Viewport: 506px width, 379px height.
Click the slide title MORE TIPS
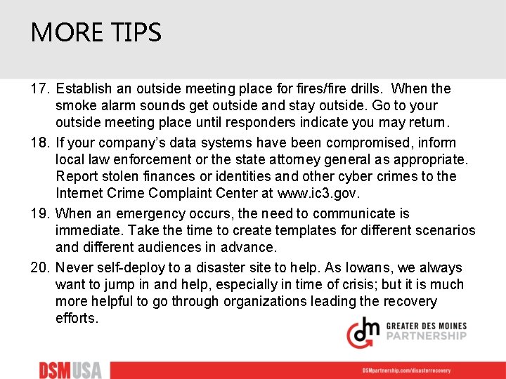(96, 32)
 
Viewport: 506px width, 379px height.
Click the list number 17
(39, 89)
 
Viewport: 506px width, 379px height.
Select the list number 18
(39, 143)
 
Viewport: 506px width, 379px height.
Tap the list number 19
(39, 213)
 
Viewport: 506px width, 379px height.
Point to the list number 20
(39, 267)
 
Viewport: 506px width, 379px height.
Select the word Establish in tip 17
(83, 89)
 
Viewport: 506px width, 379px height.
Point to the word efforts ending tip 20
(77, 318)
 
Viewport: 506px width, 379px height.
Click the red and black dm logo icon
(363, 331)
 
